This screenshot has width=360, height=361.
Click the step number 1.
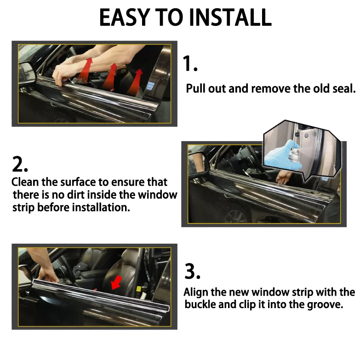tap(190, 63)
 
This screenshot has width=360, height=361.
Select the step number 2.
tap(20, 164)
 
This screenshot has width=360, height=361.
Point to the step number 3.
tap(192, 271)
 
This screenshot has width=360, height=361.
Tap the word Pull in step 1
tap(196, 88)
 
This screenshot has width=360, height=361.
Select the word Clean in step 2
tap(25, 182)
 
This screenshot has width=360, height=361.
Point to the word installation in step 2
tap(101, 207)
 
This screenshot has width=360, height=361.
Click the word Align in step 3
tap(196, 292)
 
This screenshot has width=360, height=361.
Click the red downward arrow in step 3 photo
tap(117, 282)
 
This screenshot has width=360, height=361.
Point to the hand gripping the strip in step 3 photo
tap(47, 275)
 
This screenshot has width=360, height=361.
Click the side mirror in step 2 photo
tap(199, 163)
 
